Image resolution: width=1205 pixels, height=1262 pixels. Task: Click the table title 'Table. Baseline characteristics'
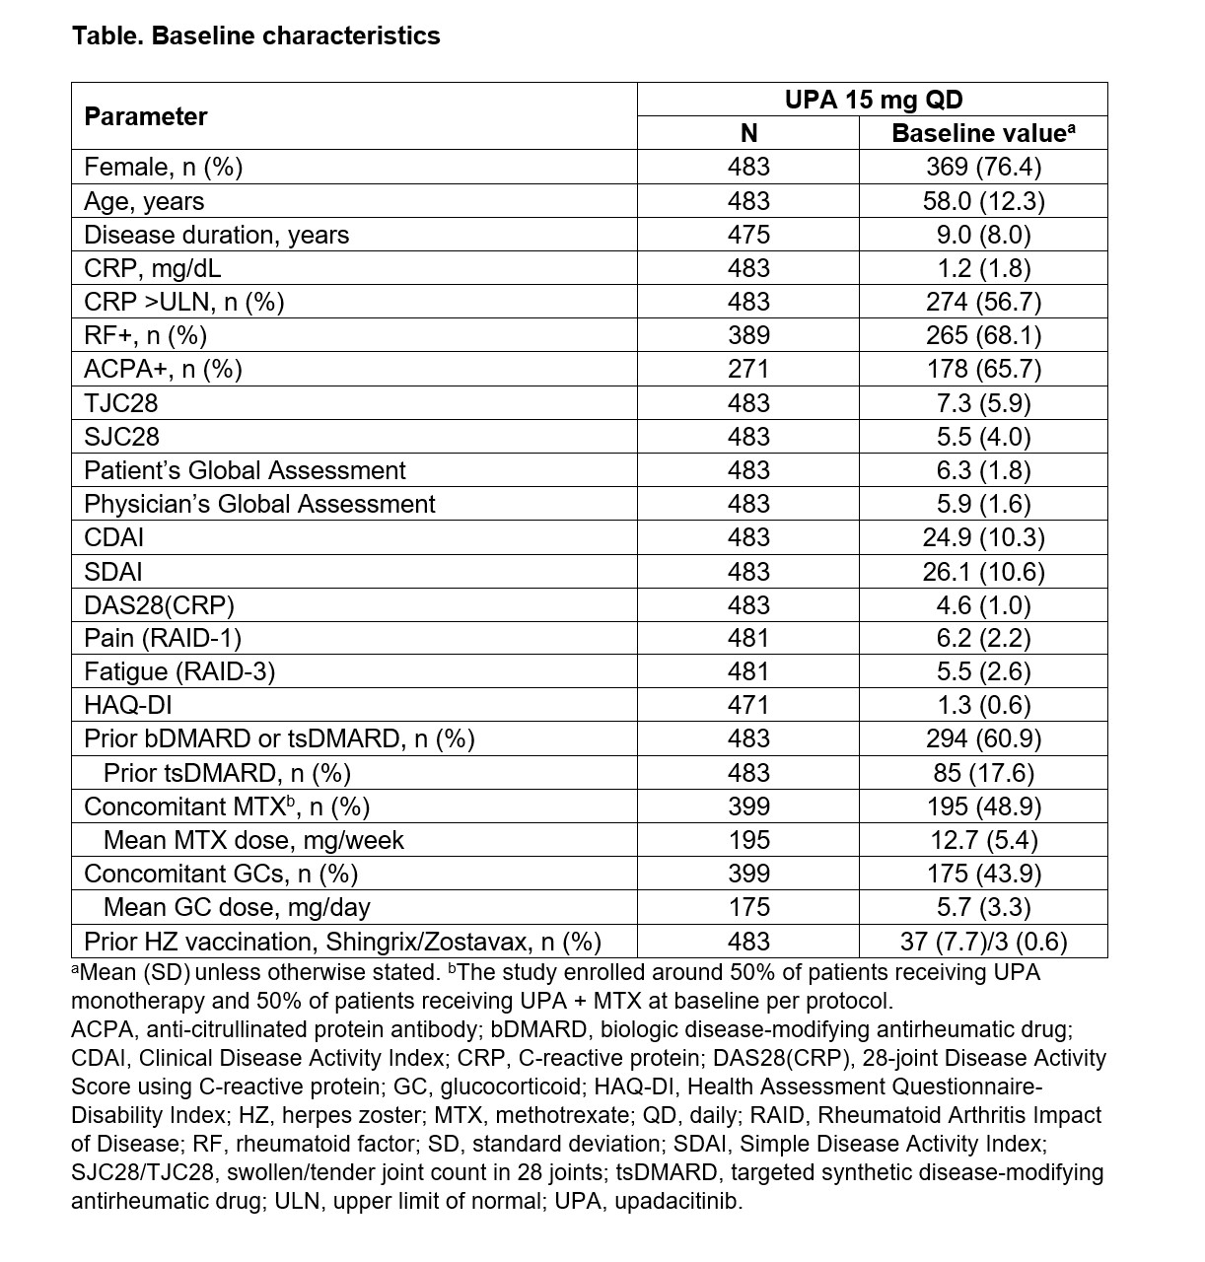pos(255,36)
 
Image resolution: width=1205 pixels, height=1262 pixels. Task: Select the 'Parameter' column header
pos(146,116)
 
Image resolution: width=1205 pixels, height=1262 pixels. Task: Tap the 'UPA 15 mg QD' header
pos(873,100)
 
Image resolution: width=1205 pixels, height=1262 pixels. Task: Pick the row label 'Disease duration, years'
pos(216,235)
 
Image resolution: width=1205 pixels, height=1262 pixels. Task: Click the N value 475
pos(748,235)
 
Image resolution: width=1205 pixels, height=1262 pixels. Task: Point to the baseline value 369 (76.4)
pos(983,167)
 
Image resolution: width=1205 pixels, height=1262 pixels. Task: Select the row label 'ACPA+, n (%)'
pos(163,369)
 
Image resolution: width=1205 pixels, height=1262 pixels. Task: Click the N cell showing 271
pos(748,369)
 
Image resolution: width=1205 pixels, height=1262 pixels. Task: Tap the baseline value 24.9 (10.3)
pos(983,537)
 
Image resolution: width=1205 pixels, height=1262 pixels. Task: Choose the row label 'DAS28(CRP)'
pos(160,604)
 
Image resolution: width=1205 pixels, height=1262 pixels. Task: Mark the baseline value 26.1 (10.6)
pos(983,571)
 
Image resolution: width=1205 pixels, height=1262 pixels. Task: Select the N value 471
pos(748,705)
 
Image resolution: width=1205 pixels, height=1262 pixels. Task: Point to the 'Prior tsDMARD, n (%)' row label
pos(227,773)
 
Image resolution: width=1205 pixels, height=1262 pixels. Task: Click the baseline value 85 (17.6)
pos(983,773)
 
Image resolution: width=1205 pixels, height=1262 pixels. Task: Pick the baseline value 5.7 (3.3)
pos(983,907)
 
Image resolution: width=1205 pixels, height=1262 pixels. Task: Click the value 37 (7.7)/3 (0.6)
pos(983,942)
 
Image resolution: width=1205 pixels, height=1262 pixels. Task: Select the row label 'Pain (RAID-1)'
pos(163,638)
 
